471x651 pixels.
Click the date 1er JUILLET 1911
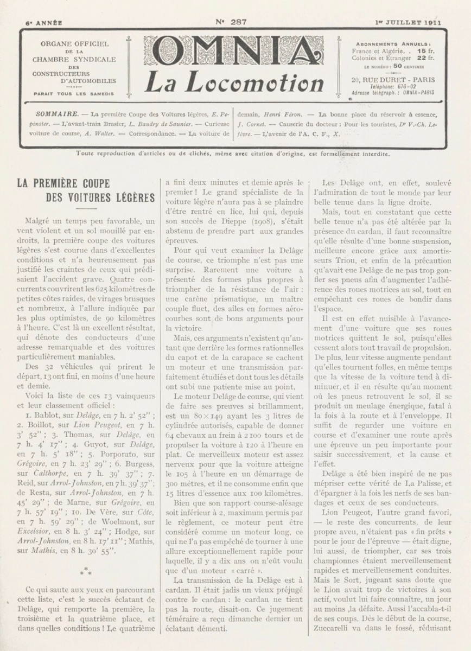click(408, 23)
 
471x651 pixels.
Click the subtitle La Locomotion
click(234, 82)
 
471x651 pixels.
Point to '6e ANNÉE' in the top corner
click(44, 23)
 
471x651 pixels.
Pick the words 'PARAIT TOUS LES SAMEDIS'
click(73, 93)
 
